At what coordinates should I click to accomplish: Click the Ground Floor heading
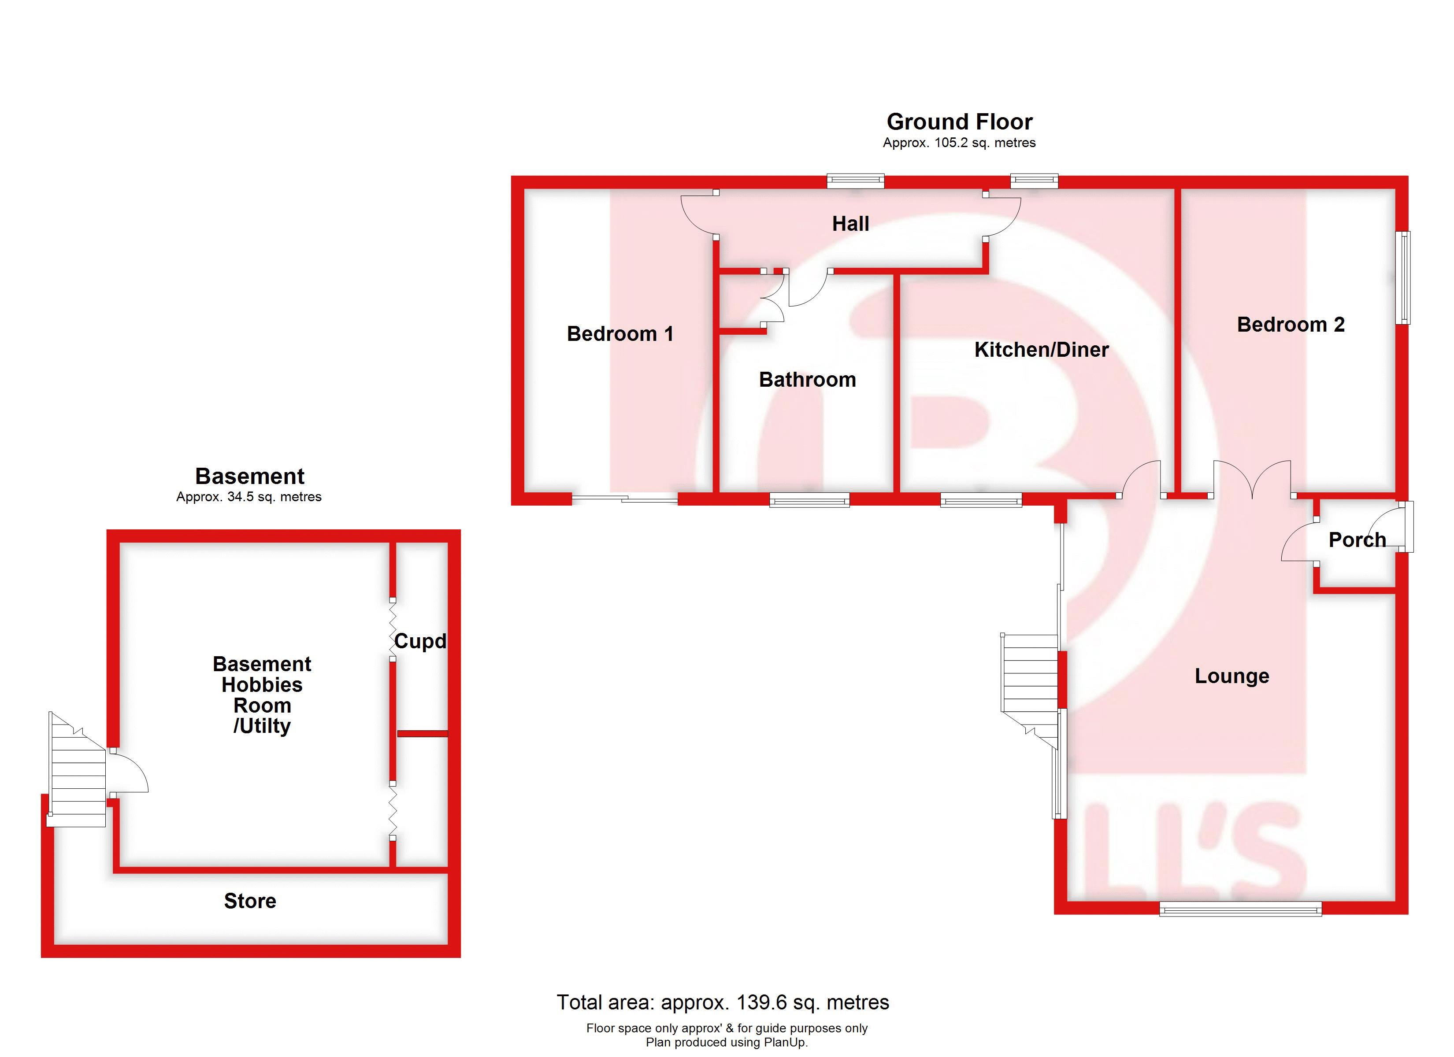tap(959, 122)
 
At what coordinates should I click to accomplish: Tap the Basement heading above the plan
tap(249, 476)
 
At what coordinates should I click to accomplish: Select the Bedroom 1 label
tap(620, 334)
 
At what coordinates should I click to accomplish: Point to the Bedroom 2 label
tap(1291, 325)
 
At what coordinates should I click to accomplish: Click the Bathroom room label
tap(807, 380)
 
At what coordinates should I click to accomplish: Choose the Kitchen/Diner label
tap(1041, 350)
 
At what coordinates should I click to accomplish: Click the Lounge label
tap(1231, 676)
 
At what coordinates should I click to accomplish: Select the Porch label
tap(1357, 540)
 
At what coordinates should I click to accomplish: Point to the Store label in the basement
tap(250, 901)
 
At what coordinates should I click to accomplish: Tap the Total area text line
tap(723, 1002)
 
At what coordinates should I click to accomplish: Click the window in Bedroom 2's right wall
tap(1403, 277)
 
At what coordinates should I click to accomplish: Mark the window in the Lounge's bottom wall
tap(1240, 908)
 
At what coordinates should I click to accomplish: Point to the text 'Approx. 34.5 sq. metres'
tap(249, 497)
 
